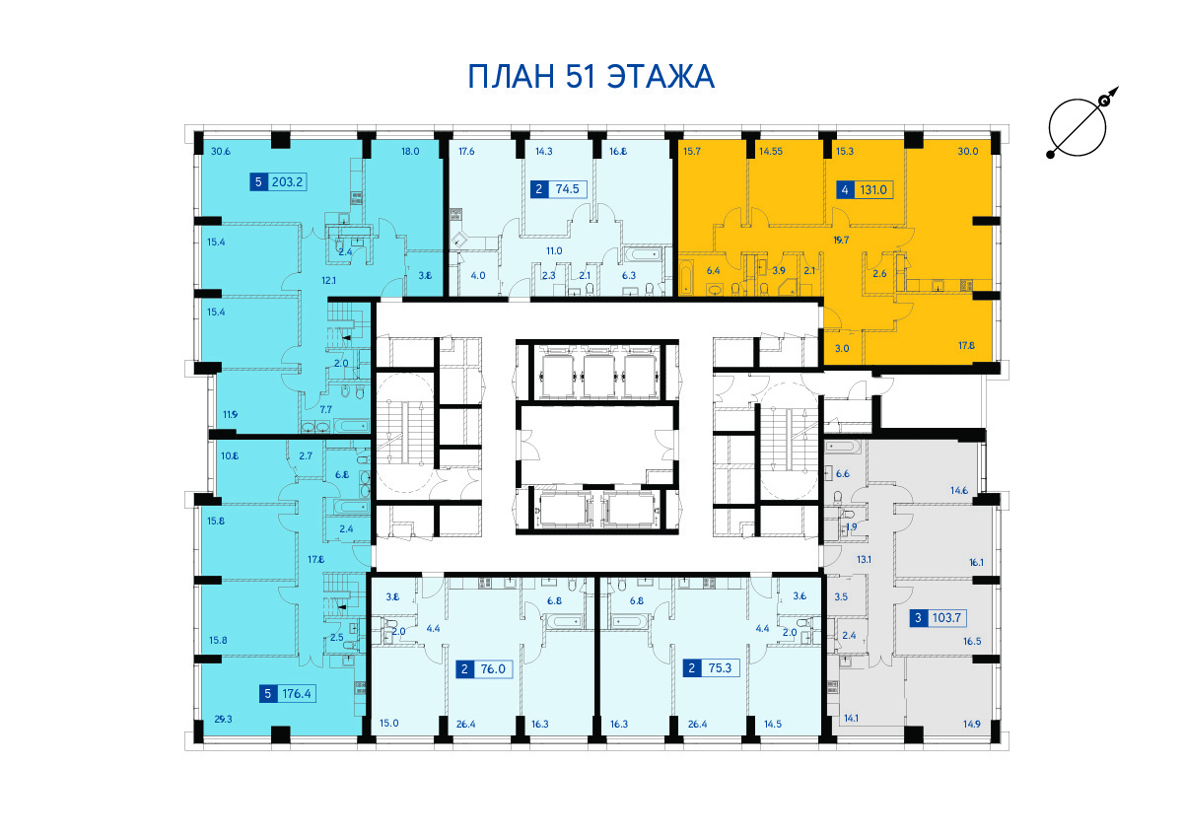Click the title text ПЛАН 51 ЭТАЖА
click(591, 77)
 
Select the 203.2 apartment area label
click(287, 182)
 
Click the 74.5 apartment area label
click(568, 189)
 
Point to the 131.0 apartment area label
click(873, 190)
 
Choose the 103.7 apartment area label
click(945, 617)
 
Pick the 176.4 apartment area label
click(297, 693)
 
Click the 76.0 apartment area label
click(493, 669)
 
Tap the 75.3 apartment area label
click(720, 668)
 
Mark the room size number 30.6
click(221, 152)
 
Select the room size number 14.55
click(771, 152)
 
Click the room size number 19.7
click(841, 241)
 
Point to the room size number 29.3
click(224, 719)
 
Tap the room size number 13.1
click(864, 559)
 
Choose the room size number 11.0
click(554, 250)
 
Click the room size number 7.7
click(326, 409)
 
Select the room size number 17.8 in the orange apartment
click(966, 346)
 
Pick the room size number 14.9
click(972, 724)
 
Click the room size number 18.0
click(410, 152)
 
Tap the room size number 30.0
click(968, 152)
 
